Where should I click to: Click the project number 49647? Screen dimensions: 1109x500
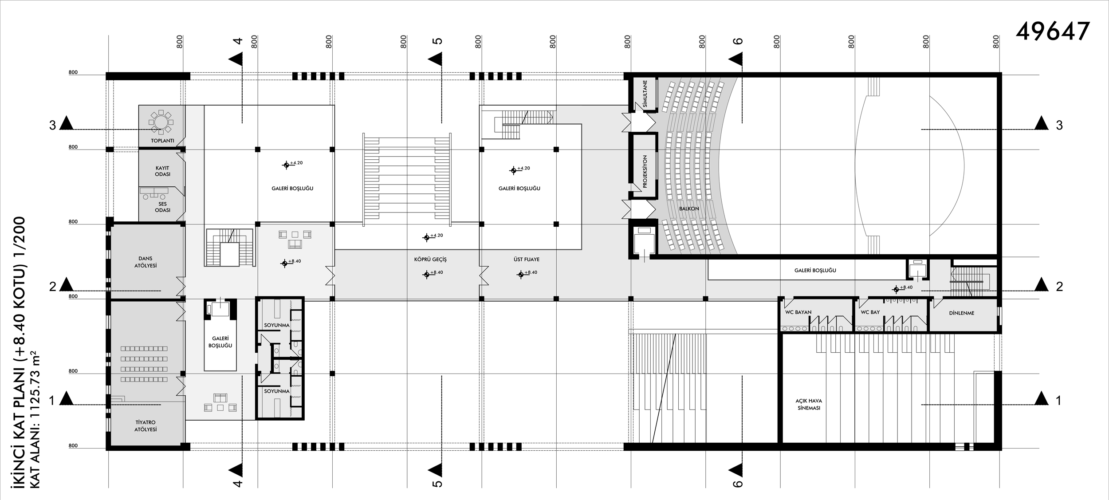[x=1053, y=31]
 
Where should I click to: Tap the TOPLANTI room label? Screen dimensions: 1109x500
[x=162, y=141]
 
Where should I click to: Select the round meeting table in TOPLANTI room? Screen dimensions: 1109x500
[x=161, y=122]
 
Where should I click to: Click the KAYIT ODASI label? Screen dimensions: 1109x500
[x=163, y=171]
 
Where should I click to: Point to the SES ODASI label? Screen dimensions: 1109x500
[x=163, y=207]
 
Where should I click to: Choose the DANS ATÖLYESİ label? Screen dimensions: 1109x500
[x=145, y=262]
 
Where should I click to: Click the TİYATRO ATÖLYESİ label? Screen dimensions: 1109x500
[x=146, y=426]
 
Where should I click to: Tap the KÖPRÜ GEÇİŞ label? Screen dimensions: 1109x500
[x=430, y=259]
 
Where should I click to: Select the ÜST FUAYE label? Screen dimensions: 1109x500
[x=527, y=259]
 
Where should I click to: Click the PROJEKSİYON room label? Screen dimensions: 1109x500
[x=645, y=171]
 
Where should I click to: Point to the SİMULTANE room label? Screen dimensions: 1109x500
[x=645, y=94]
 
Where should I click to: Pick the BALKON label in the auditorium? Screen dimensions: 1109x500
[x=689, y=209]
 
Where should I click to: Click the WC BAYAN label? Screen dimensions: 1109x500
[x=798, y=312]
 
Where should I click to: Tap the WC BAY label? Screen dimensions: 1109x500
[x=870, y=312]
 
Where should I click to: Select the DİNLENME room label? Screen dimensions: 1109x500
[x=962, y=313]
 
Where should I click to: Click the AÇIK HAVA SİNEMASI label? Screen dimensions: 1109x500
[x=809, y=404]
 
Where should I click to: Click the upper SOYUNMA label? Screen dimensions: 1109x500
[x=277, y=325]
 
